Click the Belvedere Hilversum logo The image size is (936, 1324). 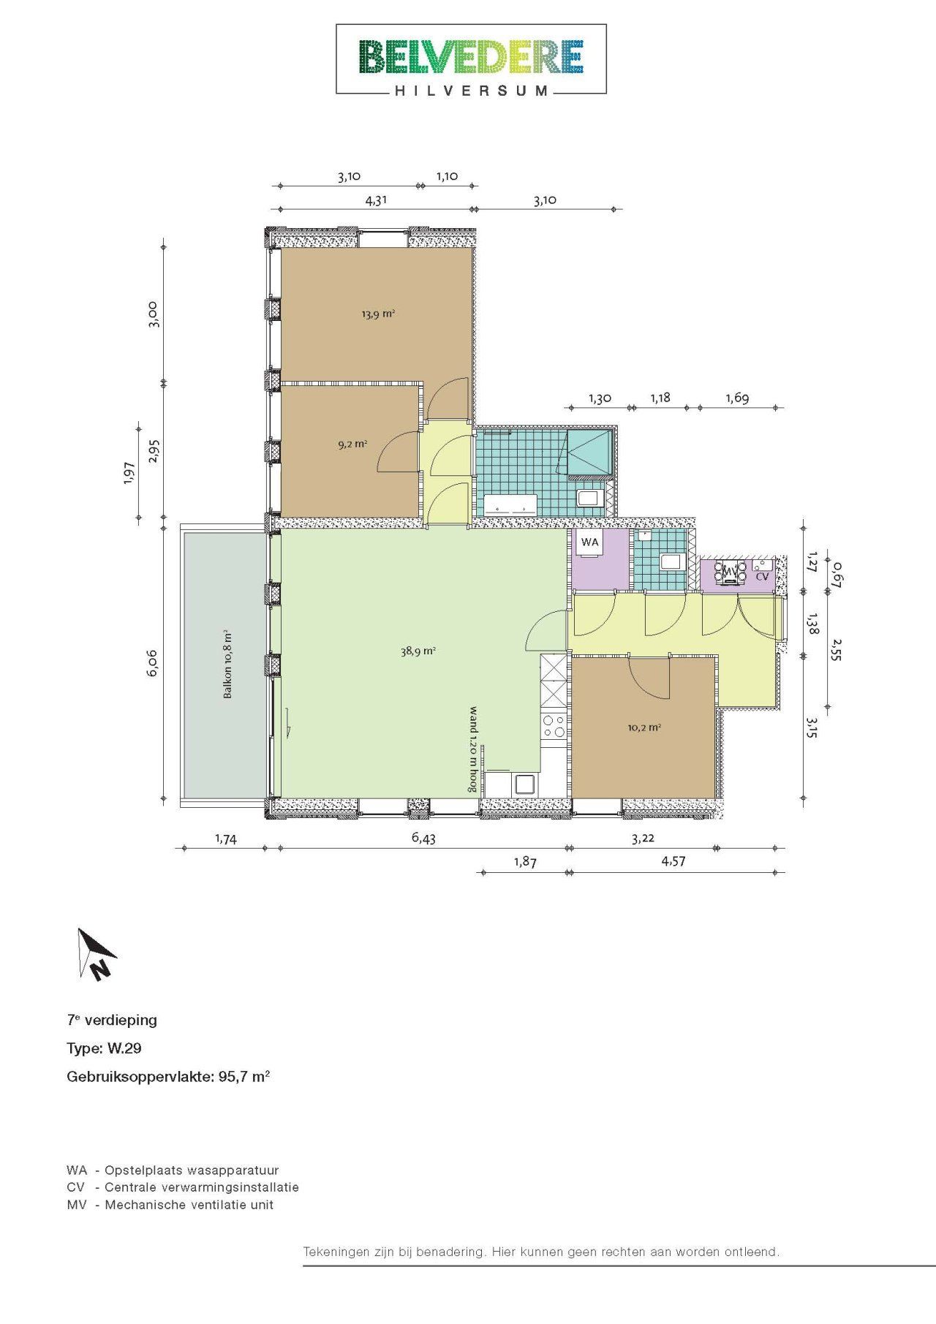[x=471, y=59]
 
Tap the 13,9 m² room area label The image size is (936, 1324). [x=378, y=314]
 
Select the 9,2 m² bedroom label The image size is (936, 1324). [x=352, y=443]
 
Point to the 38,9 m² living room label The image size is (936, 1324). [x=418, y=651]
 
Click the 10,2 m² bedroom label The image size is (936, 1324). [x=644, y=727]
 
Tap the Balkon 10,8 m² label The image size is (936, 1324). [x=227, y=665]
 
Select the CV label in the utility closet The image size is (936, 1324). [x=762, y=576]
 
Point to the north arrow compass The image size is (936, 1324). [x=97, y=953]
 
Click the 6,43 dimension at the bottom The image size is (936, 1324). [x=423, y=838]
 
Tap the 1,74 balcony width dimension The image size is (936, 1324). [x=226, y=839]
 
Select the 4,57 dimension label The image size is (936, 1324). [x=673, y=861]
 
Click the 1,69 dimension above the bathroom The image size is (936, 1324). [x=737, y=398]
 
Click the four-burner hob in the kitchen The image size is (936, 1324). [x=554, y=725]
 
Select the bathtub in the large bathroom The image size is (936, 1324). [x=510, y=504]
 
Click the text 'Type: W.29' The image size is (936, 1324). [x=104, y=1048]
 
